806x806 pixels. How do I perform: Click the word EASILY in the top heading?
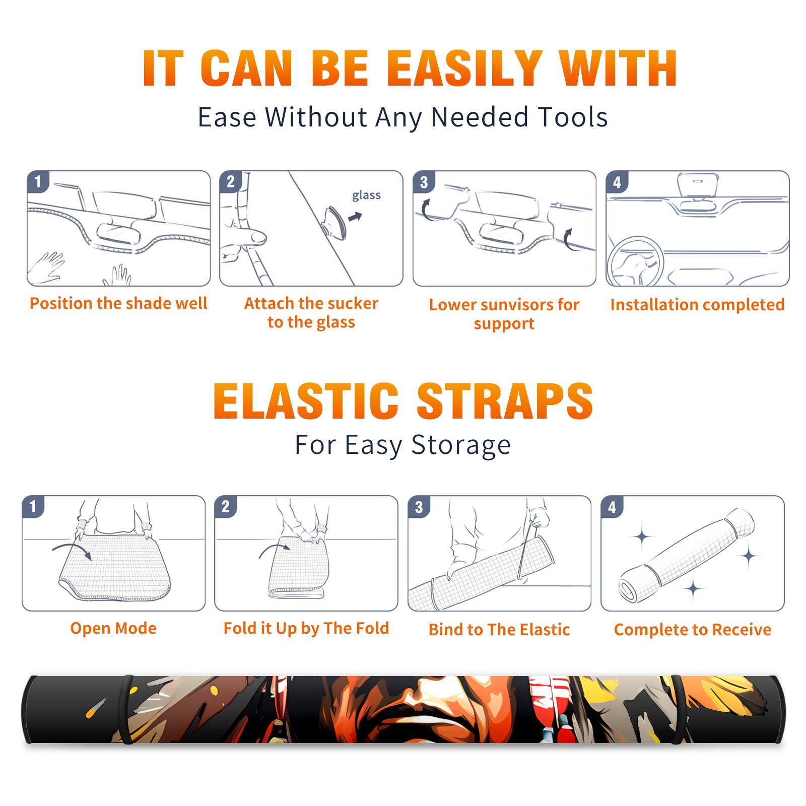coord(465,69)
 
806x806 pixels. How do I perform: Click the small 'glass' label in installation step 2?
coord(366,195)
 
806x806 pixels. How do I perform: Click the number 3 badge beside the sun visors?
coord(424,182)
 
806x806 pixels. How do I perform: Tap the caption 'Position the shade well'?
coord(118,303)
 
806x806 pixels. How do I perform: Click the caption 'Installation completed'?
coord(697,305)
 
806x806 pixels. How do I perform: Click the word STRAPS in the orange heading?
coord(505,401)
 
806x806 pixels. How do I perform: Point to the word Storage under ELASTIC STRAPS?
coord(461,446)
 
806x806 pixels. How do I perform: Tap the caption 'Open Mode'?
coord(113,629)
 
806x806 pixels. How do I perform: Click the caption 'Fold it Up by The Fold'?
coord(306,629)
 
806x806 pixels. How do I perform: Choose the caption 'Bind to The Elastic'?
coord(499,630)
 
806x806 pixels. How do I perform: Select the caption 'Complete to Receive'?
coord(693,630)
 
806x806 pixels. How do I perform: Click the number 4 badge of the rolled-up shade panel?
coord(612,507)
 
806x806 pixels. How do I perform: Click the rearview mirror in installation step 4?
coord(698,185)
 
